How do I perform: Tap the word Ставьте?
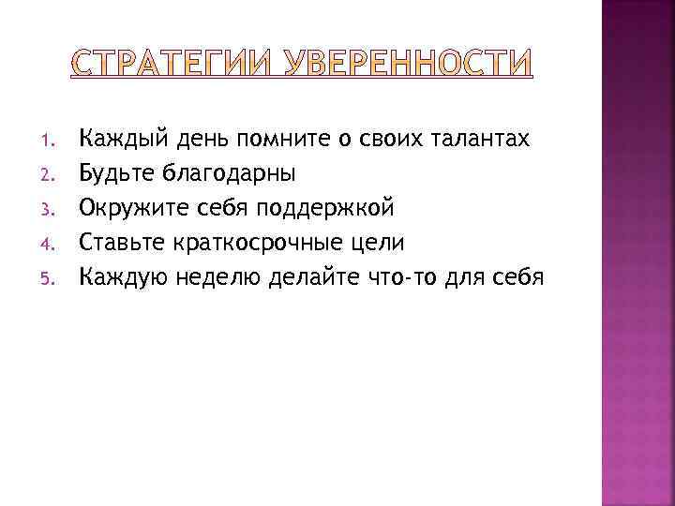click(x=123, y=242)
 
